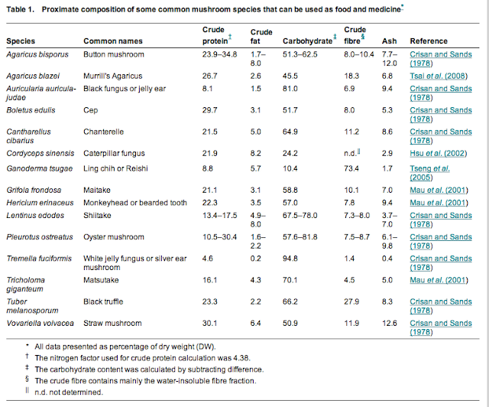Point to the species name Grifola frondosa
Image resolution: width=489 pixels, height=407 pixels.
tap(34, 188)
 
